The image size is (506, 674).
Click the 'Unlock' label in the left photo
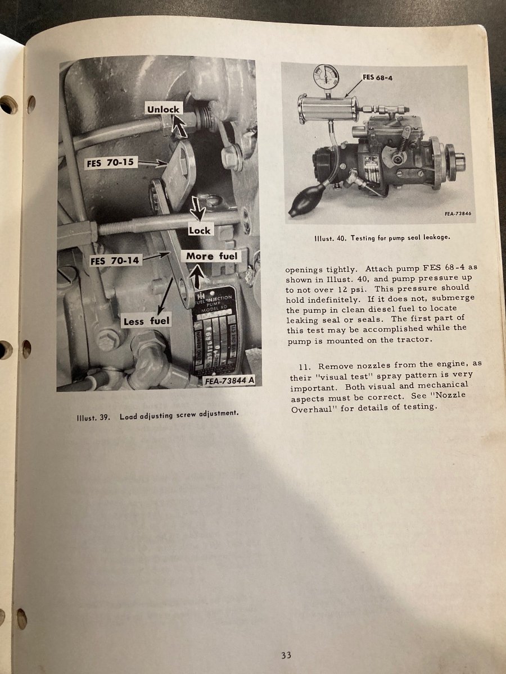(164, 109)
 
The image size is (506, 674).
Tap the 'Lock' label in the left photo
(200, 230)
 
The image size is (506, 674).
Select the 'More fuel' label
(212, 256)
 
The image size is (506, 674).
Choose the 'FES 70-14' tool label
(115, 261)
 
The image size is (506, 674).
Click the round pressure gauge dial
(326, 78)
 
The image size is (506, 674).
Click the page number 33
(286, 655)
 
